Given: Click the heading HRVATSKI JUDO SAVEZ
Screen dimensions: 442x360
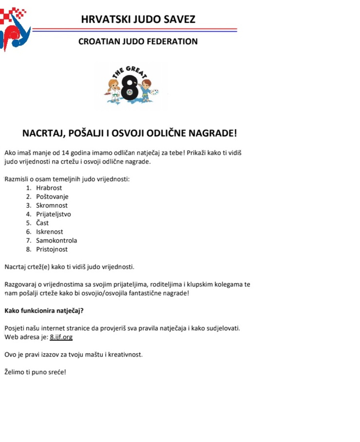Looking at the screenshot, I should tap(138, 19).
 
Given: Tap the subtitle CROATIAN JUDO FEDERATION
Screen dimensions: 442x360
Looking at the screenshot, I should tap(138, 41).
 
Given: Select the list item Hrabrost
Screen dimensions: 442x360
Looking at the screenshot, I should tap(49, 188).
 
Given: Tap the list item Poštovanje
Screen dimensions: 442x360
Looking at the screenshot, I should tap(52, 196).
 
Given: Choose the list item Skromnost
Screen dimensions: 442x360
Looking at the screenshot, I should tap(52, 205).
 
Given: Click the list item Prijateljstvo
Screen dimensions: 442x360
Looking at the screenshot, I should tap(53, 214).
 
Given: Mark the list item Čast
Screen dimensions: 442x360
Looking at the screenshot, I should tap(42, 223).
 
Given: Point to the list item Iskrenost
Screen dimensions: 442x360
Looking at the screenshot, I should tap(49, 232).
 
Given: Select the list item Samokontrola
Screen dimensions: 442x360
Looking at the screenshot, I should tap(56, 240).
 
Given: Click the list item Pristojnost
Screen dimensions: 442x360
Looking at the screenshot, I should tap(52, 249).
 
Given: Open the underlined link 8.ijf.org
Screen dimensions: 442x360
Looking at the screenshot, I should tap(61, 337).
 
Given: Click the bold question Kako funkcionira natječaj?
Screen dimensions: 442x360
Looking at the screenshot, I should tap(44, 310).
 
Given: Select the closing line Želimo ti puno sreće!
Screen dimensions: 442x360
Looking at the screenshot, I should tap(35, 372).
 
